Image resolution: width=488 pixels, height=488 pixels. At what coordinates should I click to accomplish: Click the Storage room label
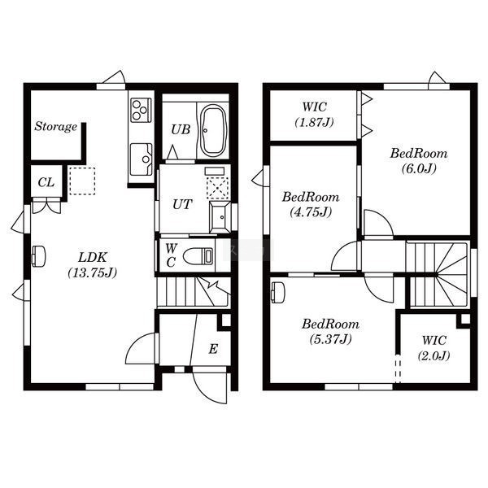(55, 127)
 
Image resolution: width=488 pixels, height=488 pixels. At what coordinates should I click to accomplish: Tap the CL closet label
(46, 182)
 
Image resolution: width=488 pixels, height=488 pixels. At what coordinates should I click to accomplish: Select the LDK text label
(93, 257)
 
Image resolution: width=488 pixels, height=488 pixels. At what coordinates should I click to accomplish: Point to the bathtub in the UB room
(213, 130)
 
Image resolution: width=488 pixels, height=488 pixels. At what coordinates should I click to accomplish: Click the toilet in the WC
(198, 256)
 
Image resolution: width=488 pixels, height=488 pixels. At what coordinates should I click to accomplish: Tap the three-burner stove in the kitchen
(141, 110)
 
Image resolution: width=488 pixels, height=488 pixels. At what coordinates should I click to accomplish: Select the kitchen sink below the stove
(142, 159)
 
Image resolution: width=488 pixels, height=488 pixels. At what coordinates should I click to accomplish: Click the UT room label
(182, 204)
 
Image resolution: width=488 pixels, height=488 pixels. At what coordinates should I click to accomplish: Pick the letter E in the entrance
(213, 349)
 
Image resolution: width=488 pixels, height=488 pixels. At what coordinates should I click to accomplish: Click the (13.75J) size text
(93, 272)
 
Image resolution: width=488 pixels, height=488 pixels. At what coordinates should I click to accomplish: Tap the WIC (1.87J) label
(314, 115)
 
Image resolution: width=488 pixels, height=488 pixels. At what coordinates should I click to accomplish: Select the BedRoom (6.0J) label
(419, 161)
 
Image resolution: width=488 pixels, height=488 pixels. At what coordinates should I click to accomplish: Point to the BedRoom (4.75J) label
(311, 204)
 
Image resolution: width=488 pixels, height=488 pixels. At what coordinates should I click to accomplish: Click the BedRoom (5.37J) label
(330, 332)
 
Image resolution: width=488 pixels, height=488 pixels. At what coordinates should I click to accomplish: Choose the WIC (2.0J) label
(434, 348)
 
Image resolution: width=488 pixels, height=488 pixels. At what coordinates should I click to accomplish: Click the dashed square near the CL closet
(82, 181)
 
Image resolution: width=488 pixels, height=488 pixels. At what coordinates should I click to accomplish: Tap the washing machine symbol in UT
(218, 189)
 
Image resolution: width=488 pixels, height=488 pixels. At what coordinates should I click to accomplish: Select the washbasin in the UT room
(220, 217)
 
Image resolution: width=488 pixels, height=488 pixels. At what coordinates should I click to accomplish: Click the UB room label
(181, 129)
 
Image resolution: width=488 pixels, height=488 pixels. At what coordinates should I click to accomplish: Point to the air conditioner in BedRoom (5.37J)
(277, 292)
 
